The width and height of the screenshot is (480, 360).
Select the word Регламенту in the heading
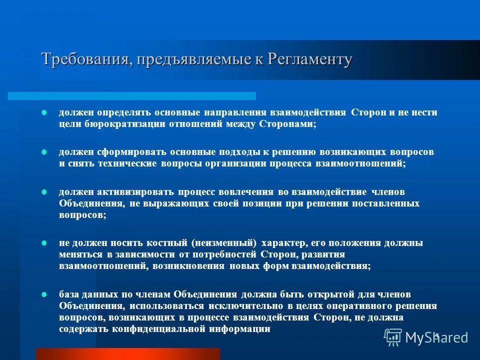(310, 59)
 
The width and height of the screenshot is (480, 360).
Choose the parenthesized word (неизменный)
(224, 243)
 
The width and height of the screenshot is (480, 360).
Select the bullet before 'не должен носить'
(43, 243)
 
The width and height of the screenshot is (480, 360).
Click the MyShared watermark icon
(393, 337)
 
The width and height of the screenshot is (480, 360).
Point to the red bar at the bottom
(127, 354)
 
